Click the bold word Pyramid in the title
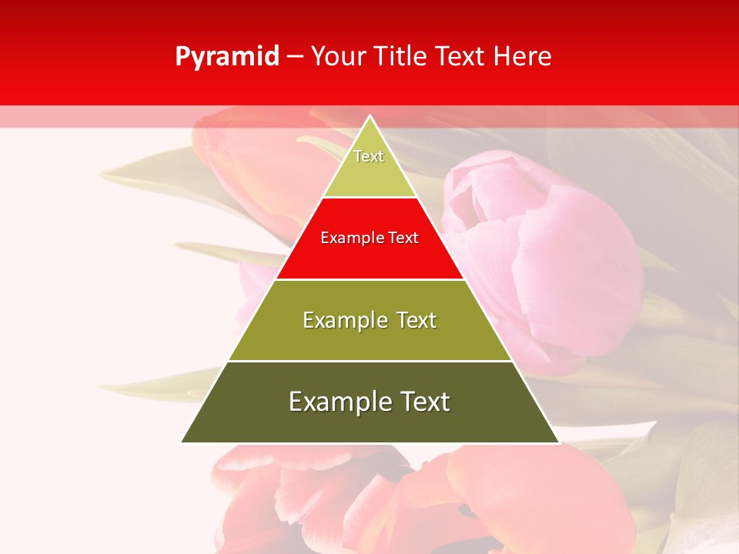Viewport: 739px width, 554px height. pos(226,57)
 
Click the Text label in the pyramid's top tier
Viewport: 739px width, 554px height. pos(369,156)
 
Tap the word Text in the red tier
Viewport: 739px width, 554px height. pos(403,238)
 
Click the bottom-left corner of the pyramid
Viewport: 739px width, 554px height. pos(182,442)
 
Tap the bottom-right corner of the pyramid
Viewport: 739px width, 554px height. pos(559,442)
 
